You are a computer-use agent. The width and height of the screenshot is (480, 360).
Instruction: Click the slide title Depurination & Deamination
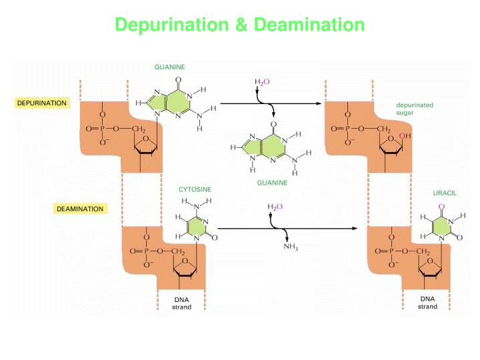(x=240, y=25)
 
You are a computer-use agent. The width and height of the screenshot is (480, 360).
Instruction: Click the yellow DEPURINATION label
(x=41, y=103)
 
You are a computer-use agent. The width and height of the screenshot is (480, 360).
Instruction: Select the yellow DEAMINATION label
(x=79, y=209)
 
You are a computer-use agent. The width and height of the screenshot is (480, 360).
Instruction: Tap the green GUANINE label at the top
(x=169, y=67)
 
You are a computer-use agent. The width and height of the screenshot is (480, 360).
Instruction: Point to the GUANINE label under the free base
(x=272, y=182)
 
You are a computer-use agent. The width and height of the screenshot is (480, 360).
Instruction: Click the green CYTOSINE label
(x=195, y=189)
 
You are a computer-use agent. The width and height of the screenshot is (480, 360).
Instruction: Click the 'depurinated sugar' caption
(x=415, y=109)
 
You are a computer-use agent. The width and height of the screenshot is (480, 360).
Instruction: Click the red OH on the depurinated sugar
(x=402, y=136)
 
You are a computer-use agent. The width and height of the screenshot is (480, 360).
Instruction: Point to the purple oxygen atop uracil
(x=441, y=206)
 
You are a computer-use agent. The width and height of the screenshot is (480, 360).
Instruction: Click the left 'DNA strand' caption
(x=181, y=303)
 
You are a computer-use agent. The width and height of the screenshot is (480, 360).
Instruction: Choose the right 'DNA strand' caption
(x=428, y=303)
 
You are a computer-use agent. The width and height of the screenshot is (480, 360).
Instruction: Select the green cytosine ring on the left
(x=194, y=227)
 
